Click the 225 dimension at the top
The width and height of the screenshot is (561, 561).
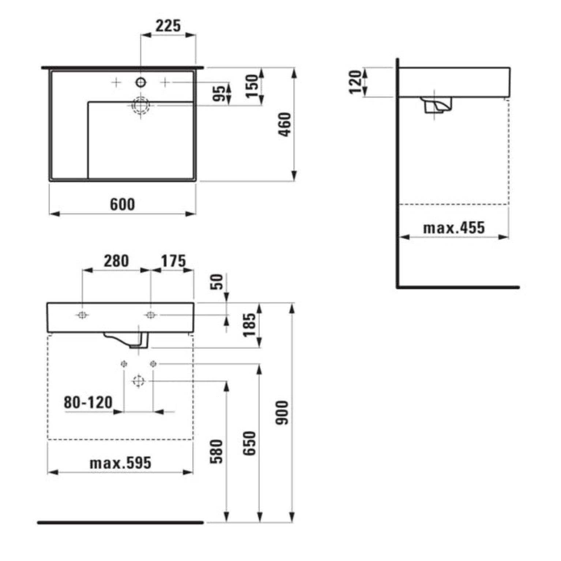(168, 26)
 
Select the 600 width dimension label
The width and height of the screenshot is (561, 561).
(123, 204)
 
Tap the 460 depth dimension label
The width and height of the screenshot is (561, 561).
(285, 125)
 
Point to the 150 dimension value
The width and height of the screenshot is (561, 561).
(252, 86)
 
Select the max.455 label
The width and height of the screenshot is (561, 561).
(454, 228)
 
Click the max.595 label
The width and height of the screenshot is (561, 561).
(120, 463)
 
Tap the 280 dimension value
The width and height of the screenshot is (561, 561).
(116, 261)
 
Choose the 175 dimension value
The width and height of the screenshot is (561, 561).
(173, 261)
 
